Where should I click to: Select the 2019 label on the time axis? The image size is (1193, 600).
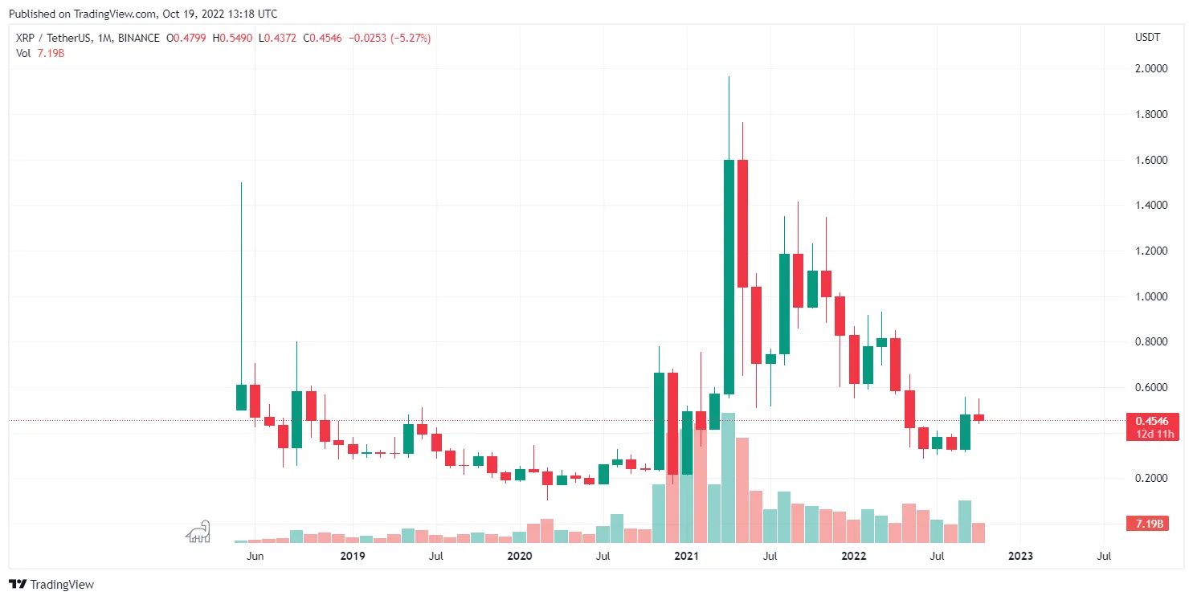(x=353, y=556)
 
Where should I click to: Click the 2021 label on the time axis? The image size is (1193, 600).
(x=686, y=556)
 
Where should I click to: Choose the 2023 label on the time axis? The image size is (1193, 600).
(x=1020, y=556)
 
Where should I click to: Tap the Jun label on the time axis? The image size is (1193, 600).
(x=255, y=556)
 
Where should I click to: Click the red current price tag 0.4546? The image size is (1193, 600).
(x=1151, y=421)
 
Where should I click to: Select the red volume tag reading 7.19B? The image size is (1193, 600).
(x=1151, y=524)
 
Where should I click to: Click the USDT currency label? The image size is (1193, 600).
(x=1146, y=38)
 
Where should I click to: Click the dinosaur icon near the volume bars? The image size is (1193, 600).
(x=198, y=531)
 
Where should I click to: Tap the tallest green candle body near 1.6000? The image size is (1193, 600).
(x=729, y=277)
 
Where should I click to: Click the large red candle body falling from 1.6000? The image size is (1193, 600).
(x=742, y=223)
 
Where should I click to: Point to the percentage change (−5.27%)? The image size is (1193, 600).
(x=410, y=38)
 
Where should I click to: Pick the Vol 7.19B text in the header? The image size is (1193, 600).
(x=39, y=53)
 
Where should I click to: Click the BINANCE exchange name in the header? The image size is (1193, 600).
(x=137, y=38)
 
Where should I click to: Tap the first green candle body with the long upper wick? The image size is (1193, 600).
(x=241, y=398)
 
